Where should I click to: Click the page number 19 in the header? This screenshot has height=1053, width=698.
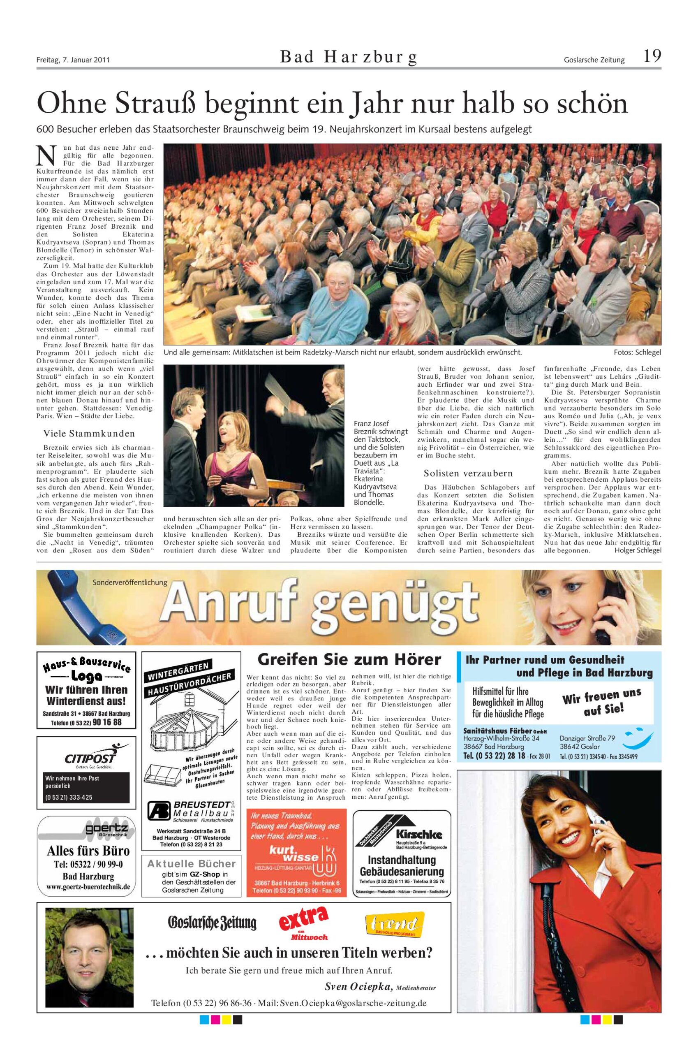(x=652, y=57)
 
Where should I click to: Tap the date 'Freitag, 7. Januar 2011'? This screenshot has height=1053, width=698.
(x=73, y=60)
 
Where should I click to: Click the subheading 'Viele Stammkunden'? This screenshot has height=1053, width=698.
(x=89, y=434)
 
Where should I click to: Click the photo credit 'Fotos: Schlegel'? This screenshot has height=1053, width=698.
(x=638, y=353)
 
